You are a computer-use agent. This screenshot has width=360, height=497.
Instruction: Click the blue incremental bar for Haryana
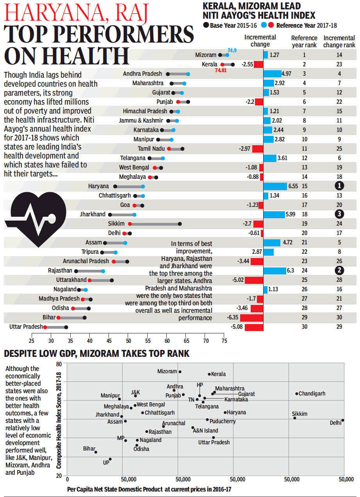click(x=275, y=186)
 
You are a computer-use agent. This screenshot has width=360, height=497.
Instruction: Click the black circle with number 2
click(x=339, y=271)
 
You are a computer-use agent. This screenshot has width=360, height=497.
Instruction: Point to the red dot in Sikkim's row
click(x=130, y=224)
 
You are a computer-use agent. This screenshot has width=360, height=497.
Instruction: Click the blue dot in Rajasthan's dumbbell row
click(x=103, y=271)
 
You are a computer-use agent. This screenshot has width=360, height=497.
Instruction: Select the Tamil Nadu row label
click(x=151, y=149)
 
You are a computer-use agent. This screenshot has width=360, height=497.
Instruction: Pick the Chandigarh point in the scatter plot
click(x=297, y=394)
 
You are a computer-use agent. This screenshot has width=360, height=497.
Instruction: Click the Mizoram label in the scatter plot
click(x=167, y=372)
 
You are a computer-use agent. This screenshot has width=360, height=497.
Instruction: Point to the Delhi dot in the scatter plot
click(x=342, y=420)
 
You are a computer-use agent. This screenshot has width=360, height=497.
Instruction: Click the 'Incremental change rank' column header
click(x=339, y=41)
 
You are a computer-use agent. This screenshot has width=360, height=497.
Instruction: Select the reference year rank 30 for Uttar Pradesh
click(x=304, y=327)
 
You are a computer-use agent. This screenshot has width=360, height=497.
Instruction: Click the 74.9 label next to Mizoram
click(x=232, y=50)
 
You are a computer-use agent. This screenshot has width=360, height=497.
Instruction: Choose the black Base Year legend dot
click(x=206, y=26)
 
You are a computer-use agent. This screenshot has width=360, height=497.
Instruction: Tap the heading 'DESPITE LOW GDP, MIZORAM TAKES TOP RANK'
click(x=96, y=354)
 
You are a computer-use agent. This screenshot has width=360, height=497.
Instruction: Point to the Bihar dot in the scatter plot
click(x=96, y=452)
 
